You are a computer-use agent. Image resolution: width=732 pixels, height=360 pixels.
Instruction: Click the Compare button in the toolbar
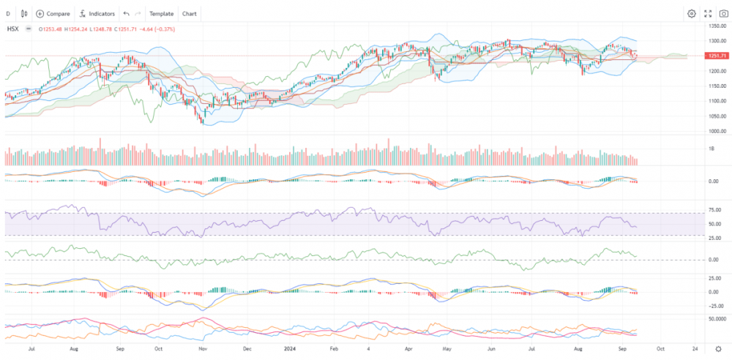pos(53,13)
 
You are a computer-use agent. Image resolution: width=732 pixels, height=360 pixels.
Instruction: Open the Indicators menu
pos(97,13)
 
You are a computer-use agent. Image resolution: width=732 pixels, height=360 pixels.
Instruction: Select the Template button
pos(161,13)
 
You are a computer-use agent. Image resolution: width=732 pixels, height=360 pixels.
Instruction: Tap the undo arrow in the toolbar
pos(127,13)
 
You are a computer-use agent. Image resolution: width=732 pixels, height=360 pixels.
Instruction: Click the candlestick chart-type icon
pos(25,13)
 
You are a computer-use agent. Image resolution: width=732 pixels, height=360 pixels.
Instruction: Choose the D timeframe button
pos(8,13)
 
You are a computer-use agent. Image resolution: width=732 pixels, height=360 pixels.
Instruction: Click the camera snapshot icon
pos(723,13)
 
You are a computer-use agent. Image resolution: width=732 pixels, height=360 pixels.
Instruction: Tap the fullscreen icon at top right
pos(708,13)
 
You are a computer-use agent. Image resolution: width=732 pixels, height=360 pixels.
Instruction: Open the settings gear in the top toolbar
pos(692,13)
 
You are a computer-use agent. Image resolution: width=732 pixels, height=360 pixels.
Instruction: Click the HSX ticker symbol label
pos(12,29)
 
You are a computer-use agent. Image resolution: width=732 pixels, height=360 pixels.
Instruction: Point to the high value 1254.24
pos(78,29)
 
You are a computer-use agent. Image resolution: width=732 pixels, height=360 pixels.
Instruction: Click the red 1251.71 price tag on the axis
pos(717,56)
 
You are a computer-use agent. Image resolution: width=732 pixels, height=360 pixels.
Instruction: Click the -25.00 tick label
pos(717,306)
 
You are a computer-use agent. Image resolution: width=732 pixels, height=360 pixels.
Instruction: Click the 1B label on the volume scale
pos(713,148)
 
